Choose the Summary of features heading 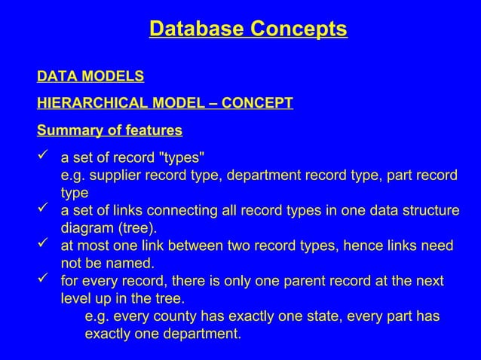coord(109,130)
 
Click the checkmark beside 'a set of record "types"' coord(44,157)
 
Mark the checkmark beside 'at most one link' coord(44,246)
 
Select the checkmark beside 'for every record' coord(44,281)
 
